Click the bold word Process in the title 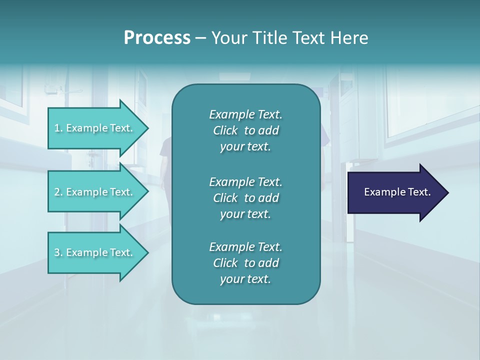pyautogui.click(x=157, y=38)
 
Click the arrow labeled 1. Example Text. pyautogui.click(x=95, y=128)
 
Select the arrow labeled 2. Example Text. pyautogui.click(x=95, y=192)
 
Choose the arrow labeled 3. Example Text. pyautogui.click(x=95, y=252)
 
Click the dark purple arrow pyautogui.click(x=395, y=192)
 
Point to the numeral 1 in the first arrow pyautogui.click(x=57, y=128)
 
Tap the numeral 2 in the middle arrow pyautogui.click(x=57, y=192)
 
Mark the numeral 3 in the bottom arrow pyautogui.click(x=57, y=252)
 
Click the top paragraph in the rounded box pyautogui.click(x=245, y=130)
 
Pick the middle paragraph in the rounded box pyautogui.click(x=245, y=197)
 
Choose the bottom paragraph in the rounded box pyautogui.click(x=245, y=263)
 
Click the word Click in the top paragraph pyautogui.click(x=225, y=131)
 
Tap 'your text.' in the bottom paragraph pyautogui.click(x=245, y=279)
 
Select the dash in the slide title pyautogui.click(x=200, y=38)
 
